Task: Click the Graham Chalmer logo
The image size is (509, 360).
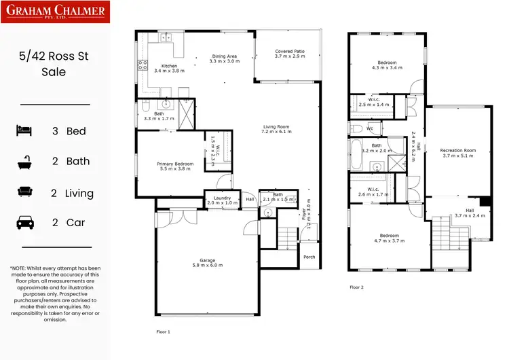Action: (x=56, y=13)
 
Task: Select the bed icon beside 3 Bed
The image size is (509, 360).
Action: (x=26, y=130)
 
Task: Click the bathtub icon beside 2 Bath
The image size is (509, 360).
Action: (x=26, y=162)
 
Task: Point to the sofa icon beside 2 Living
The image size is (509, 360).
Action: (x=26, y=193)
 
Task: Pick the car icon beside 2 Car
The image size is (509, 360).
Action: (x=26, y=222)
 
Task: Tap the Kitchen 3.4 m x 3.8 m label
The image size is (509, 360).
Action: (x=150, y=68)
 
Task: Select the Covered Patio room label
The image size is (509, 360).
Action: (x=288, y=55)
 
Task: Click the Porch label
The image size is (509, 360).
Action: (x=309, y=257)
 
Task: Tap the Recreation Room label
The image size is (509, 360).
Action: (x=458, y=153)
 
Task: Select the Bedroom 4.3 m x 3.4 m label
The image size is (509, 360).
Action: (x=387, y=65)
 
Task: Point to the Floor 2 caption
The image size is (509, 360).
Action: (x=356, y=287)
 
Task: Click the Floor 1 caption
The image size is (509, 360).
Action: (x=163, y=332)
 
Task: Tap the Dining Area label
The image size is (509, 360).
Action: (x=224, y=59)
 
